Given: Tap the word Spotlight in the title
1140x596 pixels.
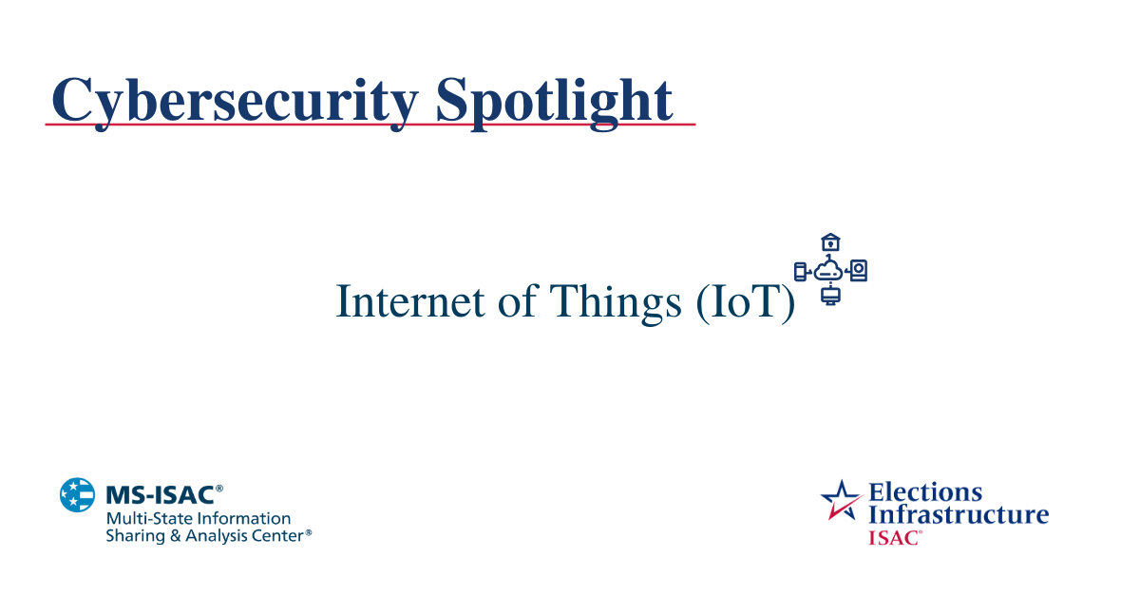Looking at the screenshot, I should point(555,100).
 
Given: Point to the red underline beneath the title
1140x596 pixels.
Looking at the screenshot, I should point(370,125).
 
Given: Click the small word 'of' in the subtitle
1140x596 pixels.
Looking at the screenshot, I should point(519,301).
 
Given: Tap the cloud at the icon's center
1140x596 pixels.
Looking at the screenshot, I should point(829,271).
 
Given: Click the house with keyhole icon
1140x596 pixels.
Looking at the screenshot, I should point(830,243).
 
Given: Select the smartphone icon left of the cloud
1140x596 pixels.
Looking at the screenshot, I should point(800,272).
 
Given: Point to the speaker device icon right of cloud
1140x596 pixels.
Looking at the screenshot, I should point(859,271).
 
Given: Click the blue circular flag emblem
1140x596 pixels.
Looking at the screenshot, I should point(78,495).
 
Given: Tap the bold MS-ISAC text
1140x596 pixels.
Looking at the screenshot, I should point(159,494).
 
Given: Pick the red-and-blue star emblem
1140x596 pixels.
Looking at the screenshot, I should point(841,500).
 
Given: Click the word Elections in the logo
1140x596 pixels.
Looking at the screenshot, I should point(925,492).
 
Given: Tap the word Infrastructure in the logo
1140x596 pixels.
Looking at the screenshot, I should point(959,515).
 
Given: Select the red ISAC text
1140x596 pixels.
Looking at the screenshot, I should point(893,537).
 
